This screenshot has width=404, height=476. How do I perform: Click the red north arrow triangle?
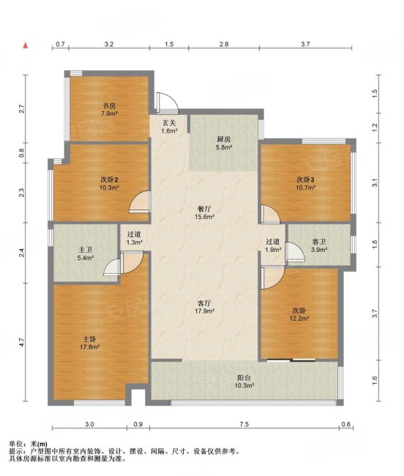tap(26, 45)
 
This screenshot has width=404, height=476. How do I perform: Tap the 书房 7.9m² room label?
tap(109, 110)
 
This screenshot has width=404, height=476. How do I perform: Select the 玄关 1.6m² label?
tap(169, 127)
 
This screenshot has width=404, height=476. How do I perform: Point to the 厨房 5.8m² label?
tap(224, 144)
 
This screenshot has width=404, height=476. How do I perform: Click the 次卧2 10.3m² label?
tap(109, 184)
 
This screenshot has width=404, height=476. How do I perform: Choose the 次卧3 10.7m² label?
tap(306, 184)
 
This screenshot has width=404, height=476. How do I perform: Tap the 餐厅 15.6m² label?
tap(206, 213)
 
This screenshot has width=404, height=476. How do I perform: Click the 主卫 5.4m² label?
tap(85, 254)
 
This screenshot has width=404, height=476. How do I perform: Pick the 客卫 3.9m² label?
tap(319, 245)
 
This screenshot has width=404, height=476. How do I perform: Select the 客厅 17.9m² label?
tap(205, 307)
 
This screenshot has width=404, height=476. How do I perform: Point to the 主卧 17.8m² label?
tap(90, 343)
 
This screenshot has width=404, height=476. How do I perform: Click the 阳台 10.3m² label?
tap(244, 382)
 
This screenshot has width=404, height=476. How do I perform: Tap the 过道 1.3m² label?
tap(135, 238)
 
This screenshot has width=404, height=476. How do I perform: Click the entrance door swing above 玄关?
tap(167, 102)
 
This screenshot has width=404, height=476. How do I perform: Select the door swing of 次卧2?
tap(140, 201)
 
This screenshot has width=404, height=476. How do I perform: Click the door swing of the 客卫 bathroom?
tap(296, 252)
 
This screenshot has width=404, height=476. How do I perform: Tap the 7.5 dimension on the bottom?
tap(244, 424)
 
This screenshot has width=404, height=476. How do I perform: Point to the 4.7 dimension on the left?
tap(21, 343)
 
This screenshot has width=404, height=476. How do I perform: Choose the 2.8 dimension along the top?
tap(224, 45)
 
